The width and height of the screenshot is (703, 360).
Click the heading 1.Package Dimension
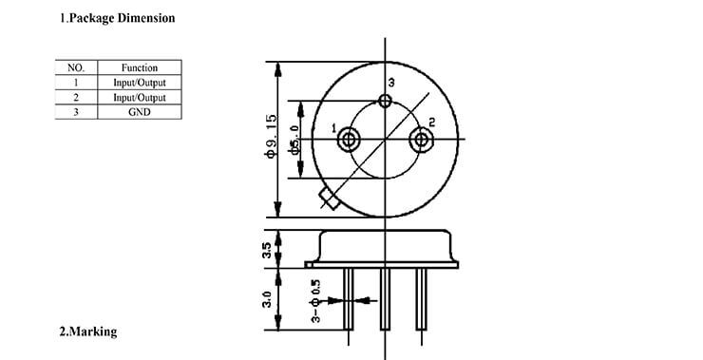[118, 18]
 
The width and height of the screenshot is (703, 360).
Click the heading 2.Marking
[88, 332]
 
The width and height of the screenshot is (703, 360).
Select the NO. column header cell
[76, 67]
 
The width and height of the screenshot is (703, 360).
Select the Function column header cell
[139, 67]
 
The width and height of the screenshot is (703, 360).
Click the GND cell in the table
[139, 112]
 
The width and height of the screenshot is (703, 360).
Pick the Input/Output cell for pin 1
[139, 83]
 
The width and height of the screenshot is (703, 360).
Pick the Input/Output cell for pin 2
[139, 97]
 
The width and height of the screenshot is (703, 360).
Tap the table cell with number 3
[76, 112]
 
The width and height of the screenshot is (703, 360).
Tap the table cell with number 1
[76, 83]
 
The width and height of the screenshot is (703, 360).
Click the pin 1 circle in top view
[349, 141]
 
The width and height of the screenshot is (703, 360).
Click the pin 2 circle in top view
[421, 141]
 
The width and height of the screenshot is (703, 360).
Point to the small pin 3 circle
[385, 101]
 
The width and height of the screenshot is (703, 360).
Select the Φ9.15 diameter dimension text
[271, 138]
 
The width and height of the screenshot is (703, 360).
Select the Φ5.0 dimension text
[295, 140]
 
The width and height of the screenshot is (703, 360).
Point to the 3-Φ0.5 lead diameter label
[314, 300]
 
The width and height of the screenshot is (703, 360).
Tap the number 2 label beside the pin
[431, 122]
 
